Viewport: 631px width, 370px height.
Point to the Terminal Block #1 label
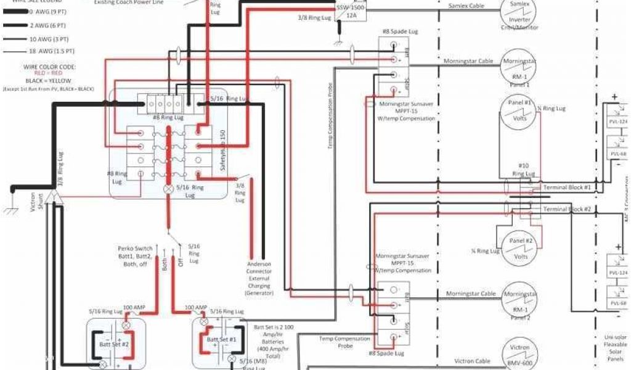(567, 187)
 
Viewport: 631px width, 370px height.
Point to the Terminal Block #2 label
(567, 210)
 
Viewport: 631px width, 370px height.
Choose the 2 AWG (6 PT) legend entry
(44, 26)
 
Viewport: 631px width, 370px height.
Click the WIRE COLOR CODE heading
(49, 66)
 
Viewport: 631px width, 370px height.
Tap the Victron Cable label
(472, 361)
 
